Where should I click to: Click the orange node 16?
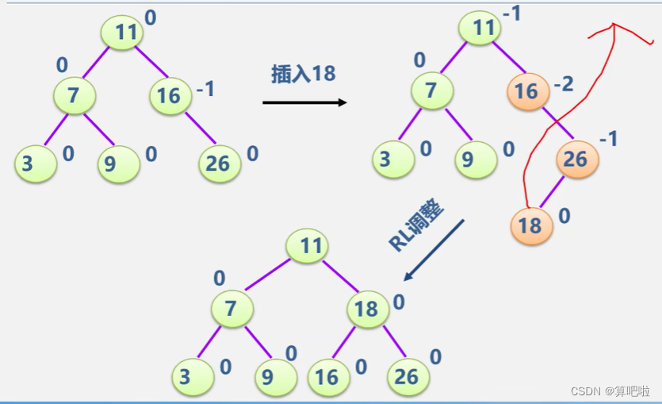tap(526, 92)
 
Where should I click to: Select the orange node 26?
tap(576, 159)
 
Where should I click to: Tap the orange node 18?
tap(529, 225)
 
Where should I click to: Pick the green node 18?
tap(365, 308)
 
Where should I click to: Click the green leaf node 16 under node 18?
tap(327, 376)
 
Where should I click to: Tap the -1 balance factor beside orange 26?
tap(608, 140)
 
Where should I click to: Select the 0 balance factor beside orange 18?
tap(564, 215)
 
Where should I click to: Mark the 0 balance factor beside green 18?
tap(399, 302)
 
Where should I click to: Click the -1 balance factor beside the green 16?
tap(205, 89)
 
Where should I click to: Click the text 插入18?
tap(304, 74)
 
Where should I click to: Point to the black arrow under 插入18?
tap(304, 102)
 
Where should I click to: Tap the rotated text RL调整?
tap(417, 225)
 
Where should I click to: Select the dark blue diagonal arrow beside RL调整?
tap(434, 249)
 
